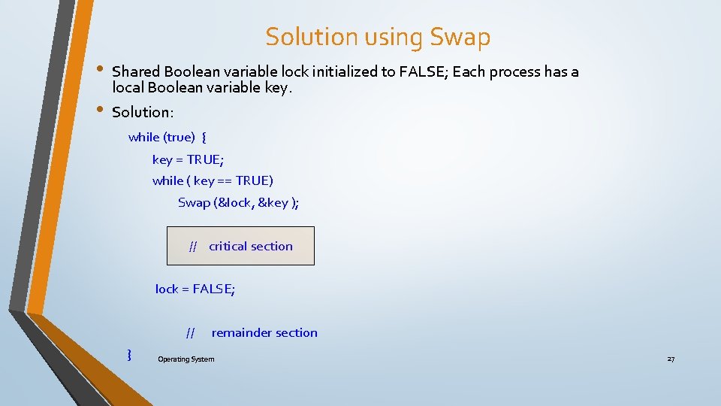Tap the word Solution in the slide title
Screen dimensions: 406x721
pos(308,37)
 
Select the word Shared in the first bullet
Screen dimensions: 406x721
pos(136,72)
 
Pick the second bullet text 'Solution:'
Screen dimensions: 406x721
pos(143,112)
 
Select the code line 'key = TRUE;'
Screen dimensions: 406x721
pos(188,159)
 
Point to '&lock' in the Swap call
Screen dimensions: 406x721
pos(234,202)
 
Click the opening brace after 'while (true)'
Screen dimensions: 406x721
pos(205,138)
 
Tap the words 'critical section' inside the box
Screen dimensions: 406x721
pos(250,247)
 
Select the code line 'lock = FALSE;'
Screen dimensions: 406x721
pos(195,289)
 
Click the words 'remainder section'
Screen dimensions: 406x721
pos(264,332)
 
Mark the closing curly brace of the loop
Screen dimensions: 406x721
pos(130,354)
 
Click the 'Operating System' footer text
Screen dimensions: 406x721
pos(186,359)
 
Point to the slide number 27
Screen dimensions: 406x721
pos(670,359)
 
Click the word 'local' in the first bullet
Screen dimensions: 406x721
pos(128,88)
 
